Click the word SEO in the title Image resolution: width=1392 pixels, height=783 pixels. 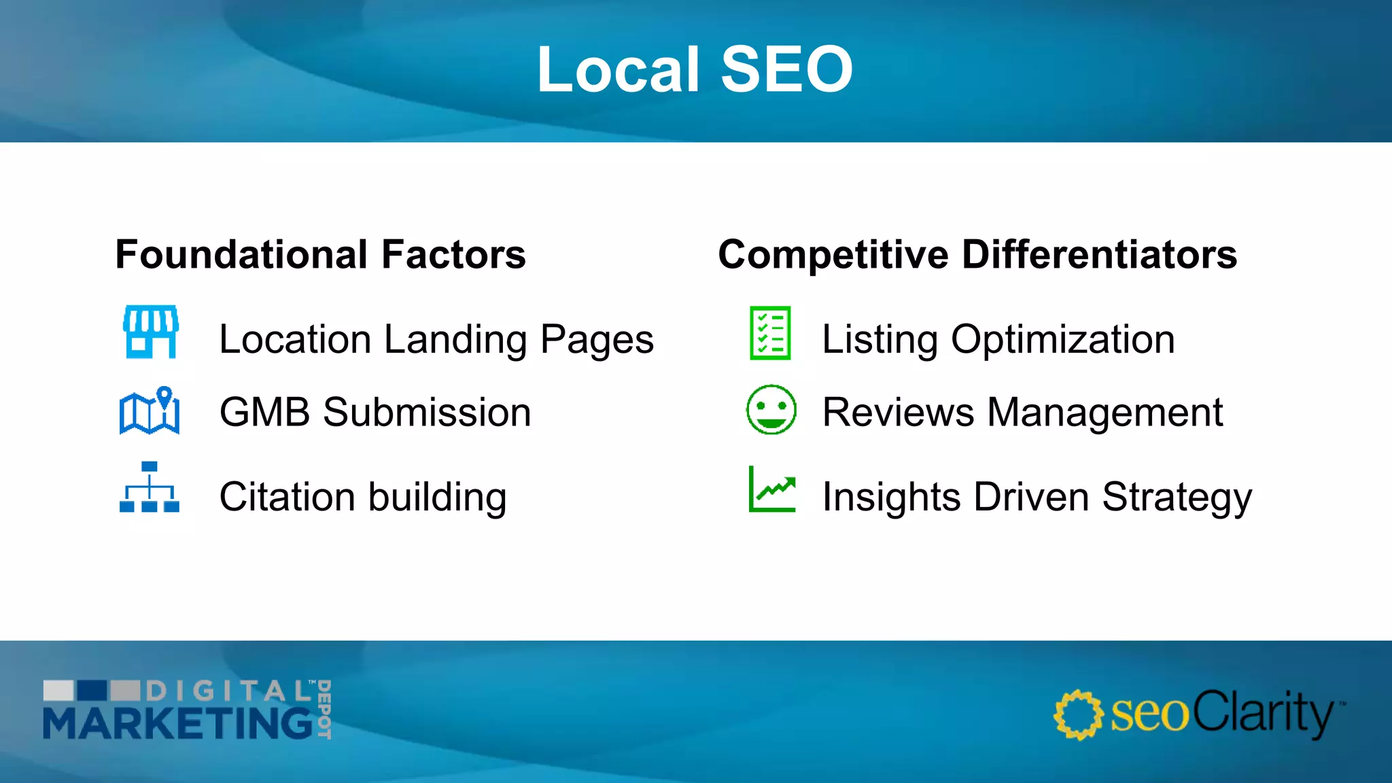pyautogui.click(x=786, y=69)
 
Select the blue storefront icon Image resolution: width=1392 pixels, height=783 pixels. pyautogui.click(x=150, y=332)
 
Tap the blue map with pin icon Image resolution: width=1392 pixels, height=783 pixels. pyautogui.click(x=150, y=411)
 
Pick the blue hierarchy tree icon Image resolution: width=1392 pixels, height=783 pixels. pyautogui.click(x=150, y=487)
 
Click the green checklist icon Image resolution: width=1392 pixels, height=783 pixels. pyautogui.click(x=770, y=333)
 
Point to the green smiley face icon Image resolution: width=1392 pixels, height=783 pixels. pyautogui.click(x=771, y=410)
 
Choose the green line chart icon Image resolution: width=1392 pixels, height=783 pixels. pyautogui.click(x=771, y=489)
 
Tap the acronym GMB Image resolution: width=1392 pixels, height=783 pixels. pyautogui.click(x=265, y=412)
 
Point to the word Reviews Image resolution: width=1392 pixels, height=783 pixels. pyautogui.click(x=898, y=412)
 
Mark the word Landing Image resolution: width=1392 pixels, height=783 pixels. pyautogui.click(x=455, y=339)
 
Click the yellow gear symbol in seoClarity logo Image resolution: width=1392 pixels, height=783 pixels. pyautogui.click(x=1077, y=714)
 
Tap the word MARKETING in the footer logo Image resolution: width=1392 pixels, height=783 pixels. pyautogui.click(x=178, y=723)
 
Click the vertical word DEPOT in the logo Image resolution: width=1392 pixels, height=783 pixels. pyautogui.click(x=324, y=708)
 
